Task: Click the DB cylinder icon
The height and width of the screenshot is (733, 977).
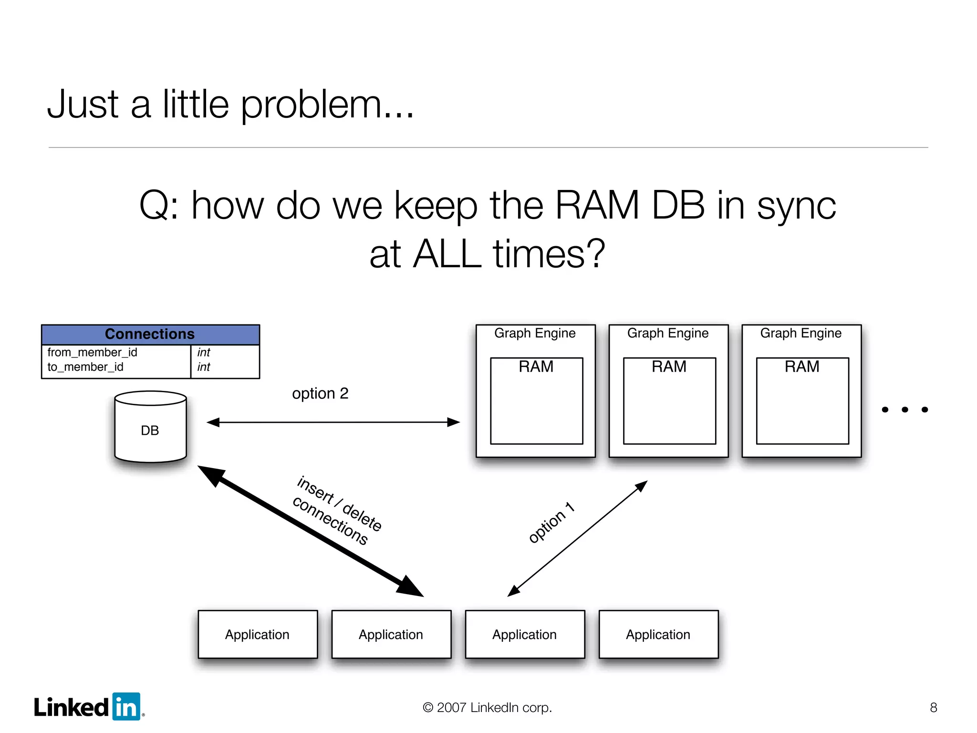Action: pyautogui.click(x=150, y=427)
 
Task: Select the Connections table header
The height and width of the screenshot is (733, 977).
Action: pyautogui.click(x=150, y=334)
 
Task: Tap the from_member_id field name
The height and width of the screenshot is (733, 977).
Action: pyautogui.click(x=92, y=352)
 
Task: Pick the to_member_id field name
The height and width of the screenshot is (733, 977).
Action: pyautogui.click(x=85, y=367)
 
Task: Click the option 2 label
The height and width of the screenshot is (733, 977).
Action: pyautogui.click(x=320, y=394)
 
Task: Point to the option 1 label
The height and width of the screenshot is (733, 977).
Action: pyautogui.click(x=551, y=523)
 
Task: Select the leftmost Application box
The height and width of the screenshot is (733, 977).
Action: pyautogui.click(x=258, y=634)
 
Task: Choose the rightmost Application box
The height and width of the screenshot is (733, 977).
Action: pyautogui.click(x=658, y=634)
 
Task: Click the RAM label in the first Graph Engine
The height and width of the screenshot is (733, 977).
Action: pyautogui.click(x=536, y=366)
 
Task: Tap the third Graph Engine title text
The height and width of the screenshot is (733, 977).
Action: pyautogui.click(x=800, y=333)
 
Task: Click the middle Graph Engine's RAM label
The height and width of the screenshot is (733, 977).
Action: pyautogui.click(x=669, y=366)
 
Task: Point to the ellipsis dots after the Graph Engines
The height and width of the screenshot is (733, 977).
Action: pyautogui.click(x=904, y=409)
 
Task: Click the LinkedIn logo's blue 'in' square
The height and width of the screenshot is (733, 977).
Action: pyautogui.click(x=126, y=706)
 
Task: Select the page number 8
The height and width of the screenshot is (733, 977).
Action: pyautogui.click(x=933, y=707)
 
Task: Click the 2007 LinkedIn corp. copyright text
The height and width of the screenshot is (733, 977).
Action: pyautogui.click(x=487, y=707)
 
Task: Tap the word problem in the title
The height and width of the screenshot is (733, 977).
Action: pyautogui.click(x=312, y=105)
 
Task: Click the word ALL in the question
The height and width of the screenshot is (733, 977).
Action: pyautogui.click(x=447, y=254)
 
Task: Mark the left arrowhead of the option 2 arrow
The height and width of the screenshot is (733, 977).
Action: pyautogui.click(x=213, y=422)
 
